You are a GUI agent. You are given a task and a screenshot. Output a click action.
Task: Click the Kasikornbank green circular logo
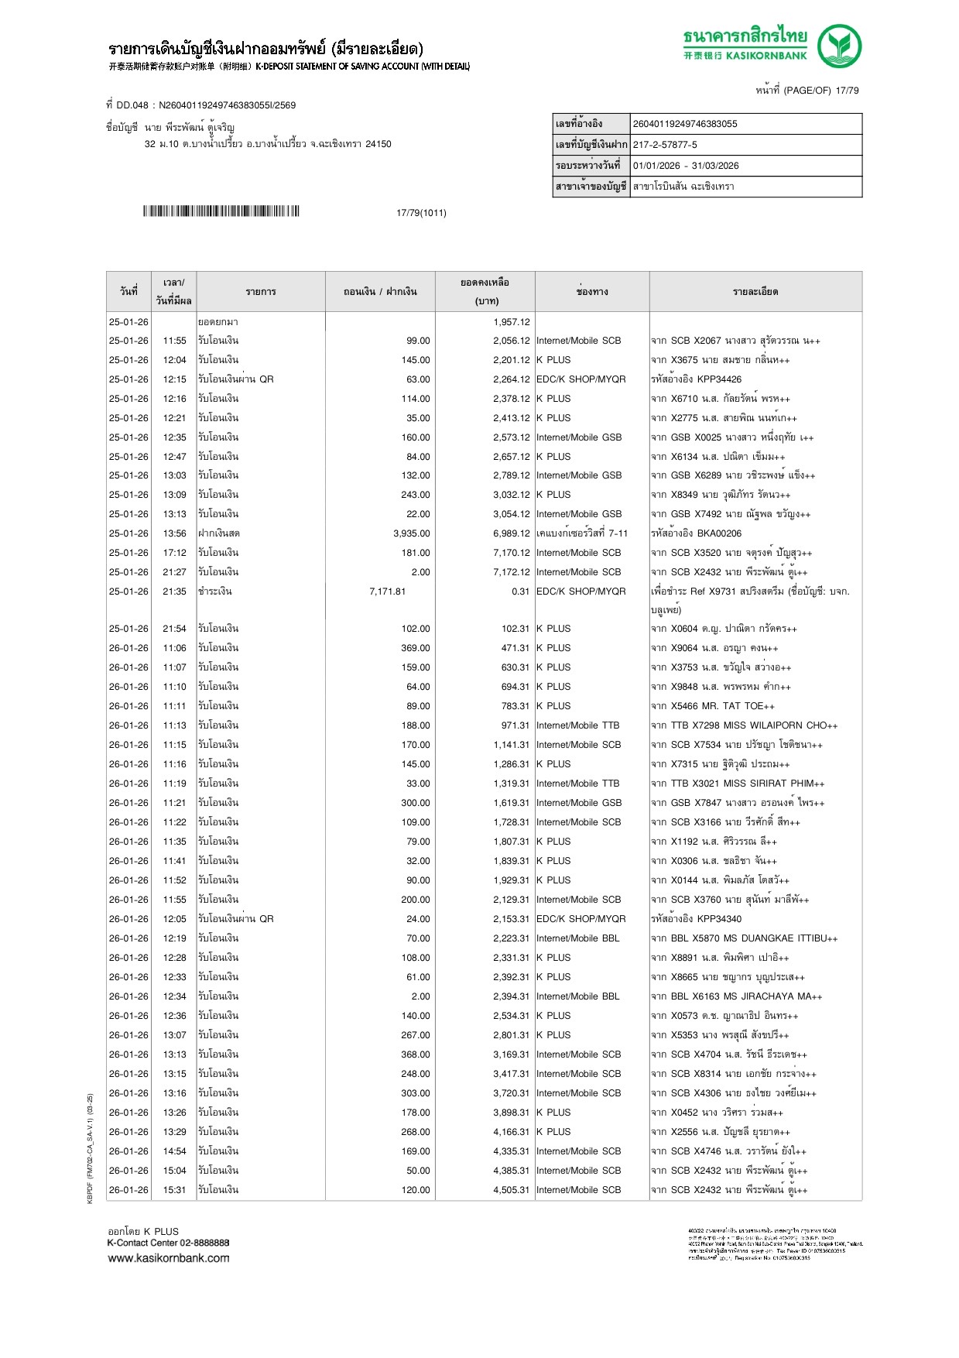tap(839, 46)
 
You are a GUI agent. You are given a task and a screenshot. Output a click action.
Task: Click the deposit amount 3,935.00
tap(411, 533)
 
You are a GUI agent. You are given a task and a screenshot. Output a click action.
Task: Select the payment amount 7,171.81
tap(387, 592)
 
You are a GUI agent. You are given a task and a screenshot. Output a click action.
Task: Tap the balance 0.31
tap(520, 592)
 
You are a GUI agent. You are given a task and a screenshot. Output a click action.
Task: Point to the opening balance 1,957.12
tap(511, 322)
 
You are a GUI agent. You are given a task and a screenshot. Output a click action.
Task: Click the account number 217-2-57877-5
tap(665, 145)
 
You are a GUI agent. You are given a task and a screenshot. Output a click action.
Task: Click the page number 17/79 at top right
tap(846, 91)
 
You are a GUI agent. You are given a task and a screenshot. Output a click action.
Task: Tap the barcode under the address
tap(221, 211)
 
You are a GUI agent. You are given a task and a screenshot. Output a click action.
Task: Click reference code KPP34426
tap(719, 379)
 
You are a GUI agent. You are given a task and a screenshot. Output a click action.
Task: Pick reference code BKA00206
tap(719, 533)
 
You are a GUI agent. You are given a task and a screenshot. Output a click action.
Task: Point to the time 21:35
tap(174, 592)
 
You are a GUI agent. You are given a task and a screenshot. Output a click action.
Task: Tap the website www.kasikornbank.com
tap(169, 1258)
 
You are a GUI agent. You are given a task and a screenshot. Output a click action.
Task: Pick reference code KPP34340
tap(719, 919)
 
